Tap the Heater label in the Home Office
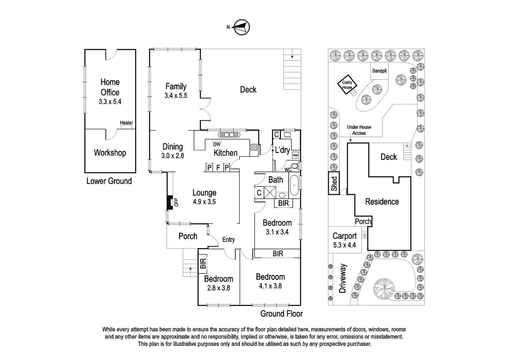(x=126, y=123)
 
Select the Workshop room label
(x=110, y=153)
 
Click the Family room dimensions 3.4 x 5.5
(x=176, y=96)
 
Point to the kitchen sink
(x=229, y=135)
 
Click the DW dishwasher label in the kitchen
(x=217, y=144)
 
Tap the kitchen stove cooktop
(x=254, y=147)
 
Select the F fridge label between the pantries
(x=218, y=167)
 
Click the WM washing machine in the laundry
(x=295, y=155)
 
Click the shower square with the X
(x=270, y=193)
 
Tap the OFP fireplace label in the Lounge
(x=176, y=202)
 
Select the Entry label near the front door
(x=229, y=240)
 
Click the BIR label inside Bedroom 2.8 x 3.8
(x=203, y=264)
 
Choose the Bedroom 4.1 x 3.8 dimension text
(x=270, y=286)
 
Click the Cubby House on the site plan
(x=347, y=85)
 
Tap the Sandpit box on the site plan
(x=379, y=71)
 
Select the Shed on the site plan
(x=334, y=184)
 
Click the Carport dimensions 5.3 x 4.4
(x=344, y=245)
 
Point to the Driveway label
(x=343, y=278)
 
